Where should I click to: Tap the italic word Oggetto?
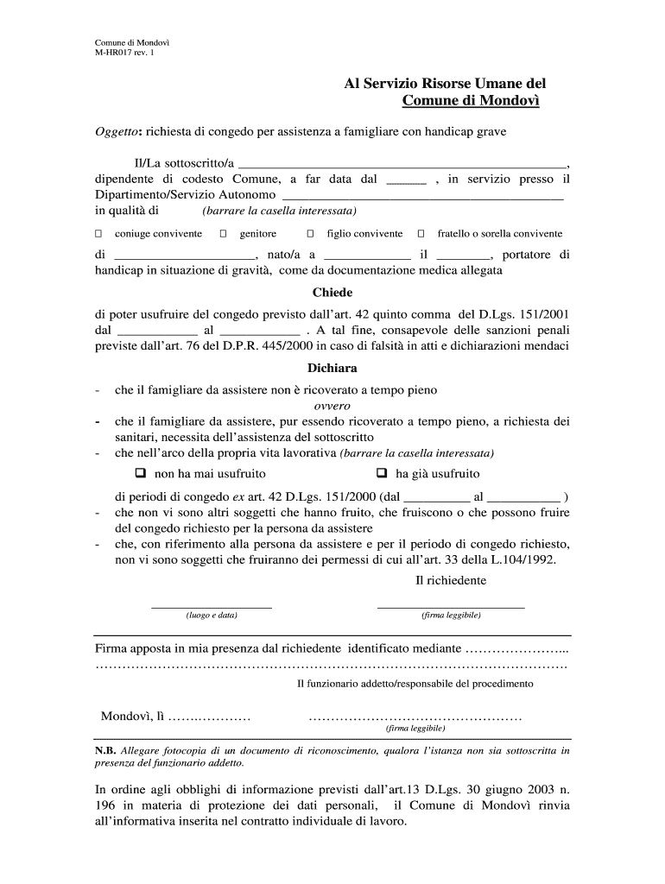point(117,132)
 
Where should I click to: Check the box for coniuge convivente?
point(98,234)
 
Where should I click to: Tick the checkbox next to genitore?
point(223,234)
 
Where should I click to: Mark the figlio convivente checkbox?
point(310,234)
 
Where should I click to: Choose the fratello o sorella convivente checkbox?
point(421,234)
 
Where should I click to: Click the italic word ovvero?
point(332,406)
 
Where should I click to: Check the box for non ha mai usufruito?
point(141,473)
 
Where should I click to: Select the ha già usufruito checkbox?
point(383,473)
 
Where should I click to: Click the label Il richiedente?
point(451,581)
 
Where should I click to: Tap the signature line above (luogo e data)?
point(212,607)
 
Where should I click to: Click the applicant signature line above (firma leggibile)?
point(451,607)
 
